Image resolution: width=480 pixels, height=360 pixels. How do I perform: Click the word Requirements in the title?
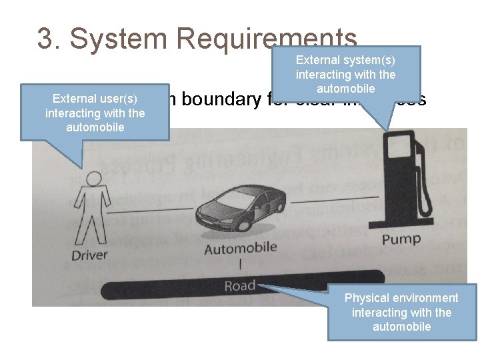coord(267,39)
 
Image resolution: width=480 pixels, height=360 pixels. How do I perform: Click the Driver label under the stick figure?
coord(89,255)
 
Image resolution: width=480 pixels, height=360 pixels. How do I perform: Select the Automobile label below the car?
coord(240,248)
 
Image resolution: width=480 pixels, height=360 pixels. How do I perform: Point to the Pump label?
coord(401,239)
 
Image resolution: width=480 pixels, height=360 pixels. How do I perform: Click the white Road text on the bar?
coord(240,286)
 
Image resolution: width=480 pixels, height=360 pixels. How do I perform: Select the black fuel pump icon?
coord(398,180)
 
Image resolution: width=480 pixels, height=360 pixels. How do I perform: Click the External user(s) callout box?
coord(95,113)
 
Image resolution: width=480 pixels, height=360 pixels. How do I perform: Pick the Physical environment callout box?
coord(402,312)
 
